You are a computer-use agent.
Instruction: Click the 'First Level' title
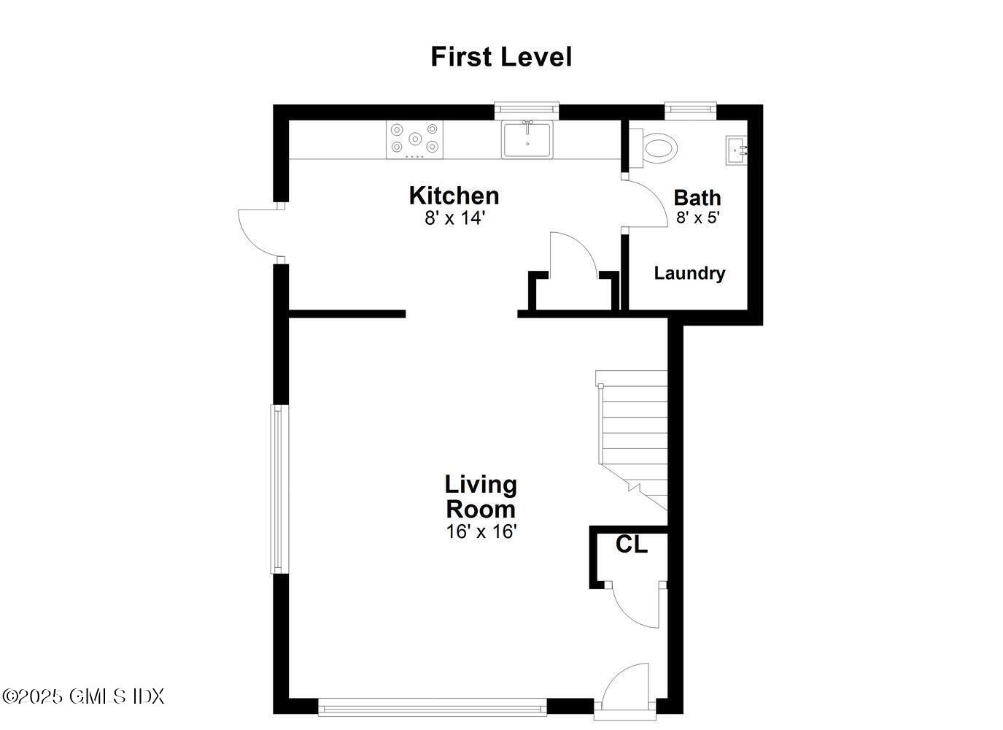tap(501, 57)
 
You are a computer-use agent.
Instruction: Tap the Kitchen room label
tap(454, 196)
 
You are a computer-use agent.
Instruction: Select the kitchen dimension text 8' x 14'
tap(455, 218)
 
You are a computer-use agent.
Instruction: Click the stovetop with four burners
tap(415, 139)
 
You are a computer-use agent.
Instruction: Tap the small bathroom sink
tap(735, 150)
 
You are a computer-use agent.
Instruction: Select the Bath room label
tap(697, 198)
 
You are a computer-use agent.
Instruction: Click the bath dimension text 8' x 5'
tap(698, 218)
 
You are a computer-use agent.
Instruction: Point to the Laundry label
tap(689, 274)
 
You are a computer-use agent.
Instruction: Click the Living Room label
tap(481, 496)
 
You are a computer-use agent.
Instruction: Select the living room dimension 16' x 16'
tap(481, 531)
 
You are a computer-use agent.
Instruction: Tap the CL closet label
tap(632, 545)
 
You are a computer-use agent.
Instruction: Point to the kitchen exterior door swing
tap(257, 232)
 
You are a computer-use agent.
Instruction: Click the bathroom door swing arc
tap(648, 204)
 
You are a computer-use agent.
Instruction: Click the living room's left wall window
tap(277, 489)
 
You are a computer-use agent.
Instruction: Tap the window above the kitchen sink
tap(527, 110)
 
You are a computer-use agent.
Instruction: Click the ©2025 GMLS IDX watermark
tap(83, 696)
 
